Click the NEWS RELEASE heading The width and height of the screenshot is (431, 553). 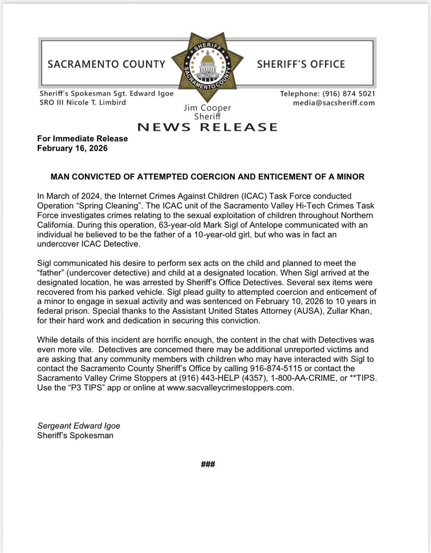coord(207,127)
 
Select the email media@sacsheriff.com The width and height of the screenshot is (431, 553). coord(334,102)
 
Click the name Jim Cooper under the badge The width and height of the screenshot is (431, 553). coord(207,108)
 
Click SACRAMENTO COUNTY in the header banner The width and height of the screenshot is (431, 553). coord(106,64)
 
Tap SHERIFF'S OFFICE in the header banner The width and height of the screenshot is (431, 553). coord(300,64)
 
